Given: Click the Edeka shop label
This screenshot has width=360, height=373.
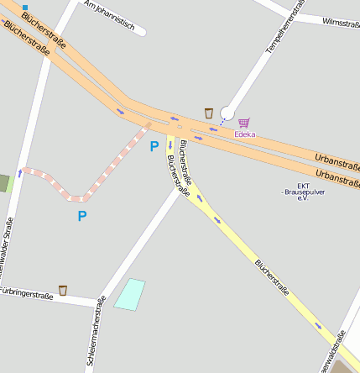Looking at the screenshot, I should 245,134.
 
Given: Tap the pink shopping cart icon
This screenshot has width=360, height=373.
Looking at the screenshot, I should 244,123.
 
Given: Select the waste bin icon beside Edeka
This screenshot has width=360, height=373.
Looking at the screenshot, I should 209,113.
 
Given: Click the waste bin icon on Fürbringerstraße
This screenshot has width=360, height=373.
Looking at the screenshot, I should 63,290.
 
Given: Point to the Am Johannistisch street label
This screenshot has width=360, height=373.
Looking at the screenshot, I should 109,14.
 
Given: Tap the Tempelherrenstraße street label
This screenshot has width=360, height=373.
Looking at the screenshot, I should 284,28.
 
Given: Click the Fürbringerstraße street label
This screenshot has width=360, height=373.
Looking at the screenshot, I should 27,295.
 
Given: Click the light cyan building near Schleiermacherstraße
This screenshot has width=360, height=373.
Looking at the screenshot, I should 130,294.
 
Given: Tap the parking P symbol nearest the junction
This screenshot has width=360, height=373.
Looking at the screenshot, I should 154,146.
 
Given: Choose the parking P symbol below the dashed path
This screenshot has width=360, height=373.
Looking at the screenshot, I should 81,216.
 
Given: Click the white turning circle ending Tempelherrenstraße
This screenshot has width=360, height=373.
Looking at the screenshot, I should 227,113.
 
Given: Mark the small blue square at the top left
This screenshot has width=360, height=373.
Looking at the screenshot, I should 25,7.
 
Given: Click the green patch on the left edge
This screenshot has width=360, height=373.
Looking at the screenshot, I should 4,182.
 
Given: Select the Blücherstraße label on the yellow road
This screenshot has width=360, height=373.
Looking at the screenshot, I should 272,277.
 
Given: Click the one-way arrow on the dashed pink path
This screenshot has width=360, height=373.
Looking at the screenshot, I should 20,173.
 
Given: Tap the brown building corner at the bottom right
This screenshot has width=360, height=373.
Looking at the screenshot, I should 345,367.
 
